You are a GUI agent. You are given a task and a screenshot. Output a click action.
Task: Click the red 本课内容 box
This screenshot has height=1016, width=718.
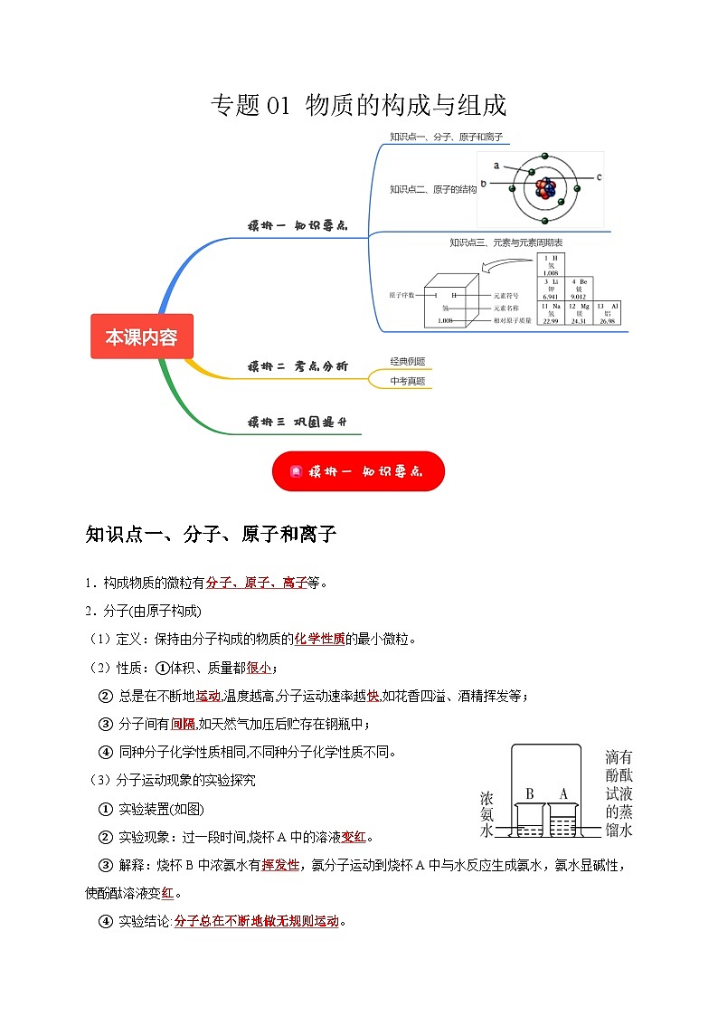pos(142,337)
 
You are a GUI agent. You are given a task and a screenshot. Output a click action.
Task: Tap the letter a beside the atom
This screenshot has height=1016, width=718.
pos(496,166)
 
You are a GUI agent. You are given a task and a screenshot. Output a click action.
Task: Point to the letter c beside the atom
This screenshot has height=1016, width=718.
pos(599,177)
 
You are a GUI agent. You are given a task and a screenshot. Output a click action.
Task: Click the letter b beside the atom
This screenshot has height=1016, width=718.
pos(484,184)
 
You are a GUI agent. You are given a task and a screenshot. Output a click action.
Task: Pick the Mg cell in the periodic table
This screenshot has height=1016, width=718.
pos(579,313)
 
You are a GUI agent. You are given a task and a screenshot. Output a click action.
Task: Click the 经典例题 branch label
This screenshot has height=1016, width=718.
pos(408,361)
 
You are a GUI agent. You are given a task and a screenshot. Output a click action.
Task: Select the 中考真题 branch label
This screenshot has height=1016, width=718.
pos(408,381)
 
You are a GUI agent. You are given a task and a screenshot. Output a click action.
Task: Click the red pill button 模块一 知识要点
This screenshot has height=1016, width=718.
pos(358,471)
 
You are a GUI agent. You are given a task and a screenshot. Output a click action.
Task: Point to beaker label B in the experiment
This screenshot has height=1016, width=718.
pos(530,793)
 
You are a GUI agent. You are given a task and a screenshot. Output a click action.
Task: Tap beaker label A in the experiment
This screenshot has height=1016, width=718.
pos(563,793)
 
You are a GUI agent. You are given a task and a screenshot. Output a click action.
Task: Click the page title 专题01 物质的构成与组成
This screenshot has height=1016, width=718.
pos(358,106)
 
